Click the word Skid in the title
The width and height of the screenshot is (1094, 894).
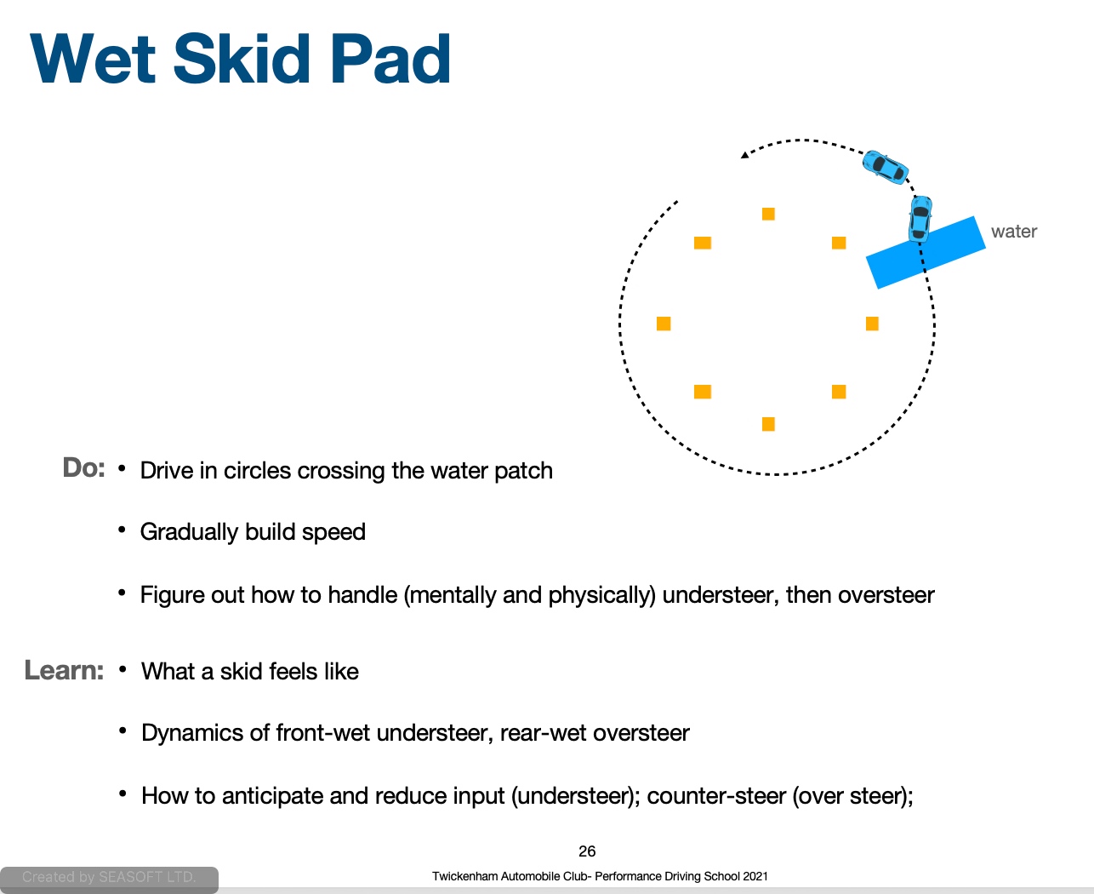(242, 58)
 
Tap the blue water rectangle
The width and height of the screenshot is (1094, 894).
(926, 252)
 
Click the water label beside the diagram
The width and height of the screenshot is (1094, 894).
(1013, 232)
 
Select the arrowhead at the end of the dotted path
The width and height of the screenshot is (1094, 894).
(745, 154)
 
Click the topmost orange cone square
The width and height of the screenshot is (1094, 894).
(768, 214)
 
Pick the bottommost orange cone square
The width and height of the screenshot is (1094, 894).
(768, 424)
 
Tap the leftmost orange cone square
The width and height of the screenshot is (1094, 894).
(664, 324)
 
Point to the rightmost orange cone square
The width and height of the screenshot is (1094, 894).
(872, 324)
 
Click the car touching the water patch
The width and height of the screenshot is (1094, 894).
(920, 219)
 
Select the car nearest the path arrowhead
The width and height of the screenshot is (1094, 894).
(885, 167)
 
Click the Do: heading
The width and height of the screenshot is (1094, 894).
(83, 467)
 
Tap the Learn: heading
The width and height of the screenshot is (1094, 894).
(64, 670)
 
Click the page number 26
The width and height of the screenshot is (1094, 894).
(587, 851)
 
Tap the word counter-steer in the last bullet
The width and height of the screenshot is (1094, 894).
(716, 796)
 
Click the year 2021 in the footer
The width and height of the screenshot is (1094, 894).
(755, 876)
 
